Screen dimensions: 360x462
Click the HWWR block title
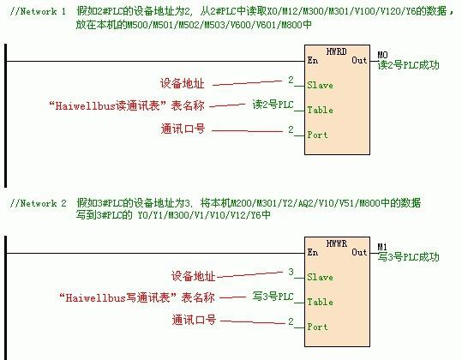tap(337, 244)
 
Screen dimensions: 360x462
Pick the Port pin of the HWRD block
tap(318, 135)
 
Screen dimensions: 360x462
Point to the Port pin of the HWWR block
tap(318, 327)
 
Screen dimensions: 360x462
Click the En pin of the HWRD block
tap(313, 61)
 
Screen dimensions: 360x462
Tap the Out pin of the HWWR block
tap(359, 253)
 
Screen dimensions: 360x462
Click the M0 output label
tap(382, 55)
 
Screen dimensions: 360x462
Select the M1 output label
tap(382, 247)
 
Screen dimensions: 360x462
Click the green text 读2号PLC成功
tap(408, 65)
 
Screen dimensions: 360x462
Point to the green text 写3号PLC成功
tap(408, 257)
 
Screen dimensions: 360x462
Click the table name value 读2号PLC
tap(273, 105)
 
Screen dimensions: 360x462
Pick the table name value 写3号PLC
tap(273, 297)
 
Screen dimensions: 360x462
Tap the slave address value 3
tap(291, 273)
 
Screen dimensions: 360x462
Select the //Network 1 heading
tap(37, 12)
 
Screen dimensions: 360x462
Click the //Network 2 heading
tap(37, 204)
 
